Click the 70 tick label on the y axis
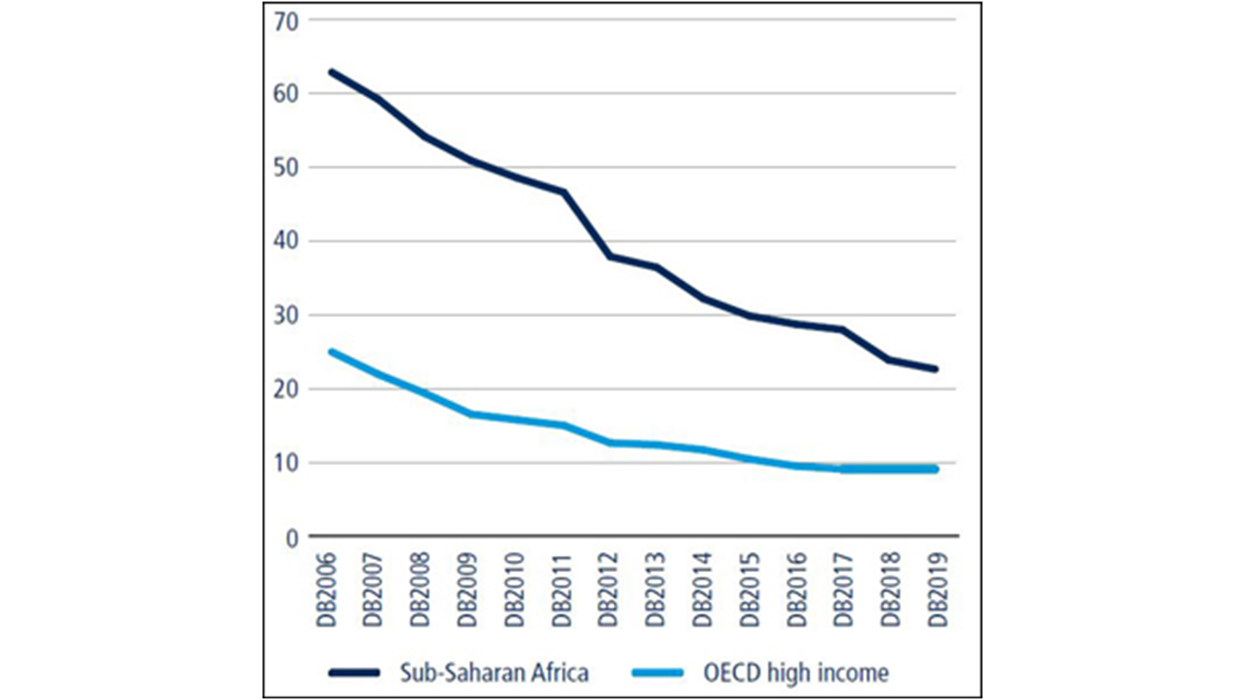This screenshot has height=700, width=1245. coord(286,22)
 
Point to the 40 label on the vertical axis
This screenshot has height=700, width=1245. coord(286,241)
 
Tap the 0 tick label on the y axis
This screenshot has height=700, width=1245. coord(292,539)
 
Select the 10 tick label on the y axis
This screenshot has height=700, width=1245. coord(286,463)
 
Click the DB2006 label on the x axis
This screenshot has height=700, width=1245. coord(327,590)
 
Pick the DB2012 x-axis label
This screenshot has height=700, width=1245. coord(608,590)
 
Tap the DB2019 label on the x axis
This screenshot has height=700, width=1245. coord(938,590)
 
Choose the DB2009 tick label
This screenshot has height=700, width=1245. coord(467,590)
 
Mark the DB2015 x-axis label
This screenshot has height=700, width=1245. coord(749,590)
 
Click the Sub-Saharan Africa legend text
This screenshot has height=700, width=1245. coord(494,673)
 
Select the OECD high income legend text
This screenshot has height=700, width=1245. coord(796,673)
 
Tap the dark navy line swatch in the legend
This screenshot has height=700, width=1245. coord(354,673)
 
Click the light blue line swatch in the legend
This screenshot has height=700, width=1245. coord(657,673)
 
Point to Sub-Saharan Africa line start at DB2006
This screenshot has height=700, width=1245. coord(331,72)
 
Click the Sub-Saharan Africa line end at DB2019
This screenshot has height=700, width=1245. coord(936,369)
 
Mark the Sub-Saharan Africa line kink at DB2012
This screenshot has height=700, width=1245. coord(610,256)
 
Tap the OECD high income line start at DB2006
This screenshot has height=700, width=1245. coord(331,352)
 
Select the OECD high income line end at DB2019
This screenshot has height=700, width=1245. coord(936,469)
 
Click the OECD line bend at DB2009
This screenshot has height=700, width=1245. coord(471,414)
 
